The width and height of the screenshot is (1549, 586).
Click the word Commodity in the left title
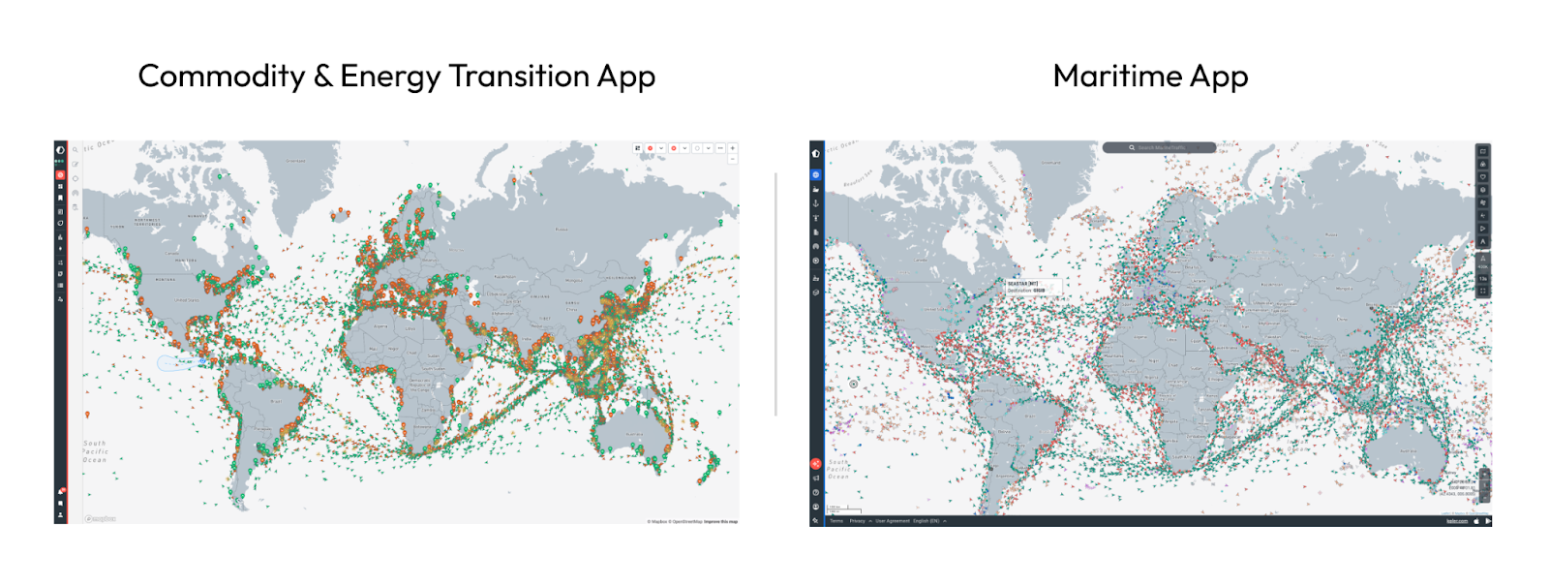[221, 77]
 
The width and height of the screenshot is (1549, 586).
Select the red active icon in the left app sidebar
[60, 175]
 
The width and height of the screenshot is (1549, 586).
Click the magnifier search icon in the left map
[76, 150]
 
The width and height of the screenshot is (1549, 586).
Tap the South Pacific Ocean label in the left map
[95, 451]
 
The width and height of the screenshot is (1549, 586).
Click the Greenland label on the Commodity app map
[296, 161]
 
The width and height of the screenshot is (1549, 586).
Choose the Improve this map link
[720, 521]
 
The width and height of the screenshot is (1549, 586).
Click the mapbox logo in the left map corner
[100, 519]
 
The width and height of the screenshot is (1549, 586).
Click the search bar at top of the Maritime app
[1160, 147]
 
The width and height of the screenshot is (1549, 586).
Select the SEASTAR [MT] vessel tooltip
[1031, 287]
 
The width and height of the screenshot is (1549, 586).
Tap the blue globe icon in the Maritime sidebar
[816, 174]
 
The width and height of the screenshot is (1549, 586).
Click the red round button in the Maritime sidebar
[816, 464]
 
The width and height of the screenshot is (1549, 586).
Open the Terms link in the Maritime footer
[836, 521]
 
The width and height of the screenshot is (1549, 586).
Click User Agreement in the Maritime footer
[893, 521]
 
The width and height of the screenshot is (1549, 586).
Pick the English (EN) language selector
[927, 521]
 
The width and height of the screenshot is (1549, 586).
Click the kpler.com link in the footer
[1456, 521]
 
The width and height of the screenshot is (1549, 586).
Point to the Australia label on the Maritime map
[1408, 451]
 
